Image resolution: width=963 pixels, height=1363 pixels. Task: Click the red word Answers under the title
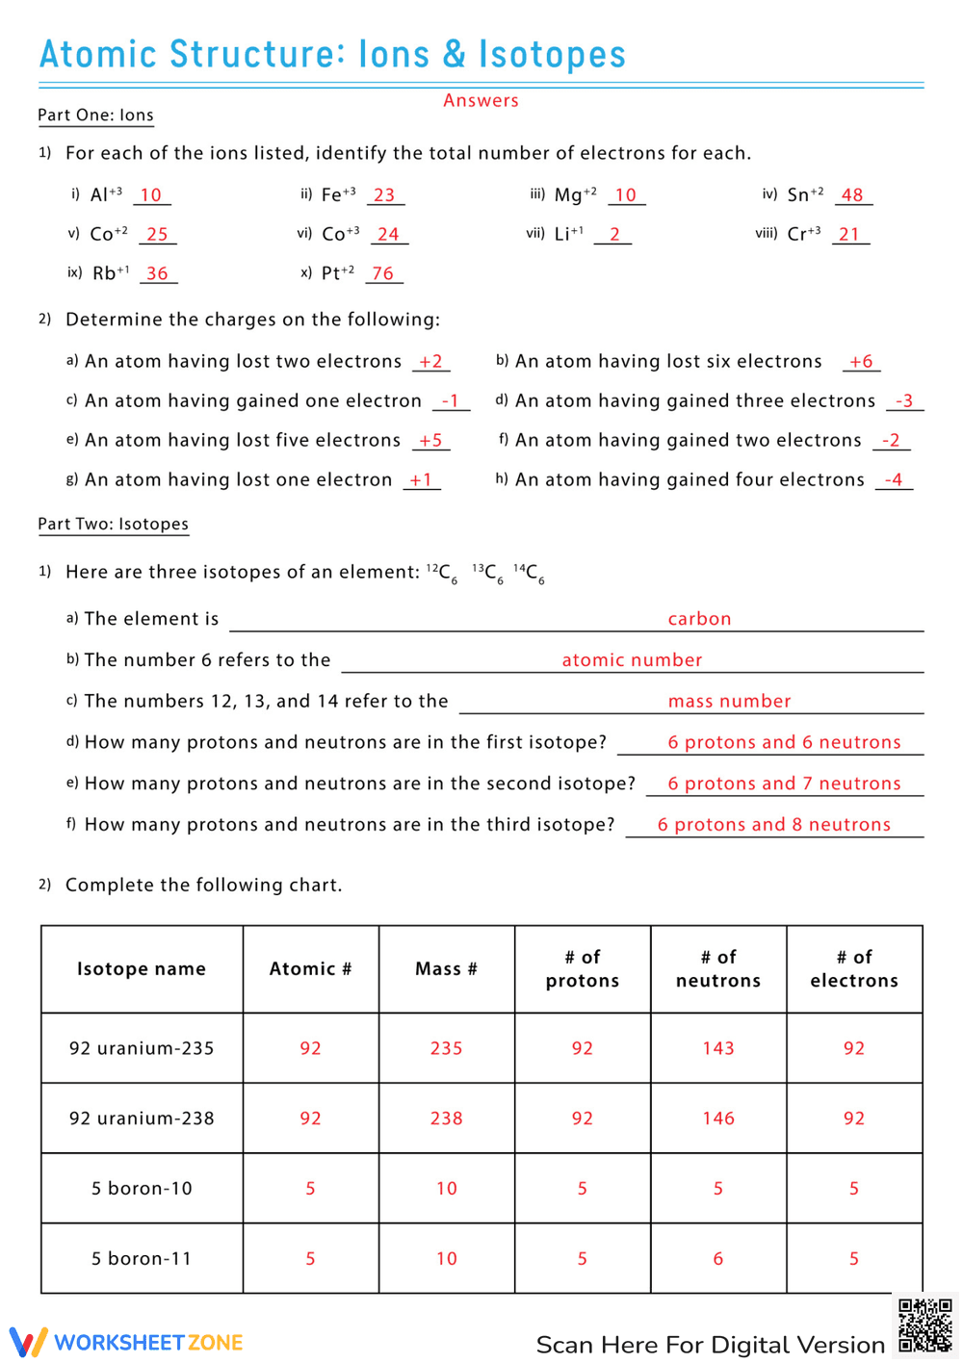tap(481, 100)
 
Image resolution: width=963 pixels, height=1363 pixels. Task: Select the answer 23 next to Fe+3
tap(384, 195)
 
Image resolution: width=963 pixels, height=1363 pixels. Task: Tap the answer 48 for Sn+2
tap(852, 195)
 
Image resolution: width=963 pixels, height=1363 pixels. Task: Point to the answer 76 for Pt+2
tap(383, 273)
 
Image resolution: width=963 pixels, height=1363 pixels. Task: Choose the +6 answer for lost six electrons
tap(861, 361)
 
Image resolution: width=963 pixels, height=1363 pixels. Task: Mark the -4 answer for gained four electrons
tap(894, 479)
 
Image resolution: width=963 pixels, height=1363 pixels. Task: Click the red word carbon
tap(699, 619)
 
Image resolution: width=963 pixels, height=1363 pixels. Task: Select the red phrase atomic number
tap(632, 660)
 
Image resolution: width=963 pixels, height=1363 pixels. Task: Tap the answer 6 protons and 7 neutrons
tap(784, 784)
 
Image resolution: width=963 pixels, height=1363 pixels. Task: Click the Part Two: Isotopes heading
tap(113, 525)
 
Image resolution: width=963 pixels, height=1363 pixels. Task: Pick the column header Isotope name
tap(142, 969)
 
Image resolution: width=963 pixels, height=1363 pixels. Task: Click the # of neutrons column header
tap(718, 969)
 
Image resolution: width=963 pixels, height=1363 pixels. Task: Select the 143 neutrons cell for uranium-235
tap(718, 1048)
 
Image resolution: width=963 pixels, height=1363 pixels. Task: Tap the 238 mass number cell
tap(446, 1119)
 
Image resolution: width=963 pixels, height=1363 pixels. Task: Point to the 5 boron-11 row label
tap(142, 1259)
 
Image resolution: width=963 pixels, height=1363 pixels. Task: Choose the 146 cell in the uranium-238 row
tap(718, 1119)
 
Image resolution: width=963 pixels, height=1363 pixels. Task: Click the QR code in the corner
tap(924, 1325)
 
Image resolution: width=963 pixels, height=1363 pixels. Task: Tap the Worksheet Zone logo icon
tap(28, 1342)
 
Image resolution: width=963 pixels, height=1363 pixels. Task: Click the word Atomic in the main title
tap(97, 55)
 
